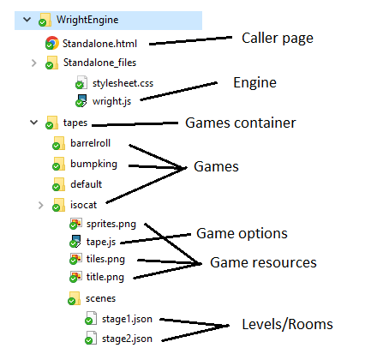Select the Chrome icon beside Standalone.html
(x=51, y=42)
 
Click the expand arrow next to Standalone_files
(x=33, y=63)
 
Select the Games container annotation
(x=241, y=123)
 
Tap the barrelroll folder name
(x=91, y=143)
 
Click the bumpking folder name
(x=93, y=163)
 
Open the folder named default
(x=87, y=183)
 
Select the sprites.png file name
(x=111, y=224)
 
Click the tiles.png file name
(x=106, y=259)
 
